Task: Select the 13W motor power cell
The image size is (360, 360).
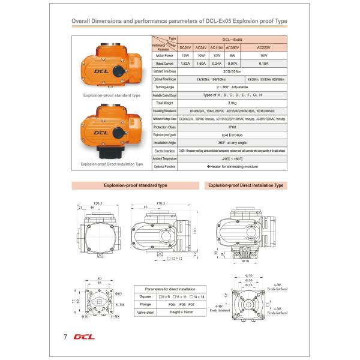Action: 185,55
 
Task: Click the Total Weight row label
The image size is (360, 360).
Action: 164,103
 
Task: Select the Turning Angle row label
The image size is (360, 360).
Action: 164,87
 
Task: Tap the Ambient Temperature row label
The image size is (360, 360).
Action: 164,158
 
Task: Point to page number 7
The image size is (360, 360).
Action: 64,336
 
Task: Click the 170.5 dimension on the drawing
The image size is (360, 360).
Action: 161,203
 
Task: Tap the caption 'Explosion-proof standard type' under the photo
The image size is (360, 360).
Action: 112,95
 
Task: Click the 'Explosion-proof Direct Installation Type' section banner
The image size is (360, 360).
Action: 245,185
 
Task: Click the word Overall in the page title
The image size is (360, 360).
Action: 83,20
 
